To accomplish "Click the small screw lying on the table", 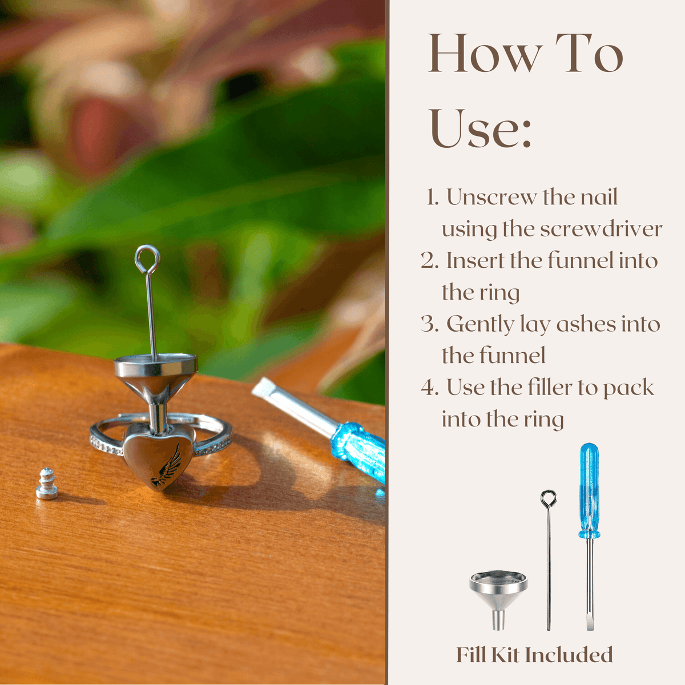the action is point(47,484).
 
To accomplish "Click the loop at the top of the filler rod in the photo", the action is point(147,260).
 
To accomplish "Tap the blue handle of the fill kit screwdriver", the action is point(589,490).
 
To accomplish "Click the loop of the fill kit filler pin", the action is point(549,498).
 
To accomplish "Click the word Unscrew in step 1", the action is point(492,197).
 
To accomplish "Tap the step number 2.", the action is point(429,260).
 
